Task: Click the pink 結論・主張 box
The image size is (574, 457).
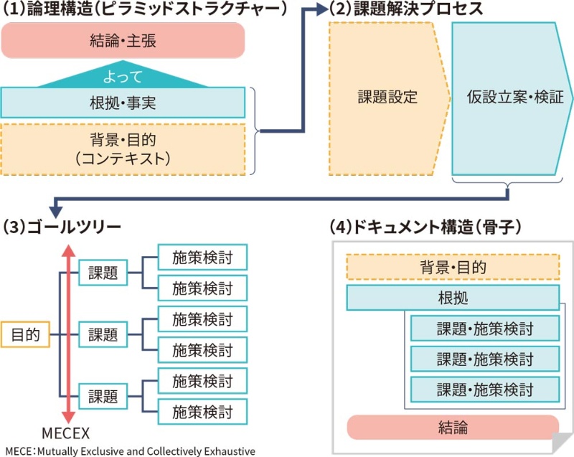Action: coord(123,40)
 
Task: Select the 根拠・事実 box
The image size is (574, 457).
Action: coord(123,103)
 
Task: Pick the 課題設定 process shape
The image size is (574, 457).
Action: coord(386,98)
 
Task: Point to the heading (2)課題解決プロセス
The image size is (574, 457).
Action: coord(405,9)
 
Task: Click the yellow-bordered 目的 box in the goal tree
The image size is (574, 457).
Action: coord(25,334)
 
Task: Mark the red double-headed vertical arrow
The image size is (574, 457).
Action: coord(67,334)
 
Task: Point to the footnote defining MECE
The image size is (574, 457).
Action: coord(129,451)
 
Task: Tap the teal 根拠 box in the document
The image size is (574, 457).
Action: coord(452,298)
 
